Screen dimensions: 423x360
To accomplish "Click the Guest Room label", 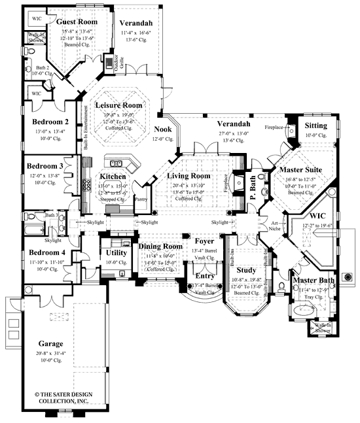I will click(x=81, y=22).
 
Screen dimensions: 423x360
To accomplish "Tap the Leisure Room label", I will click(x=118, y=105).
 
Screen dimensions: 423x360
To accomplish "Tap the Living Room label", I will click(x=188, y=176).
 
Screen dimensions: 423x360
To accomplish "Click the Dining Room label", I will click(x=160, y=246).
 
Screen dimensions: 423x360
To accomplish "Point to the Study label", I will click(x=247, y=269).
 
